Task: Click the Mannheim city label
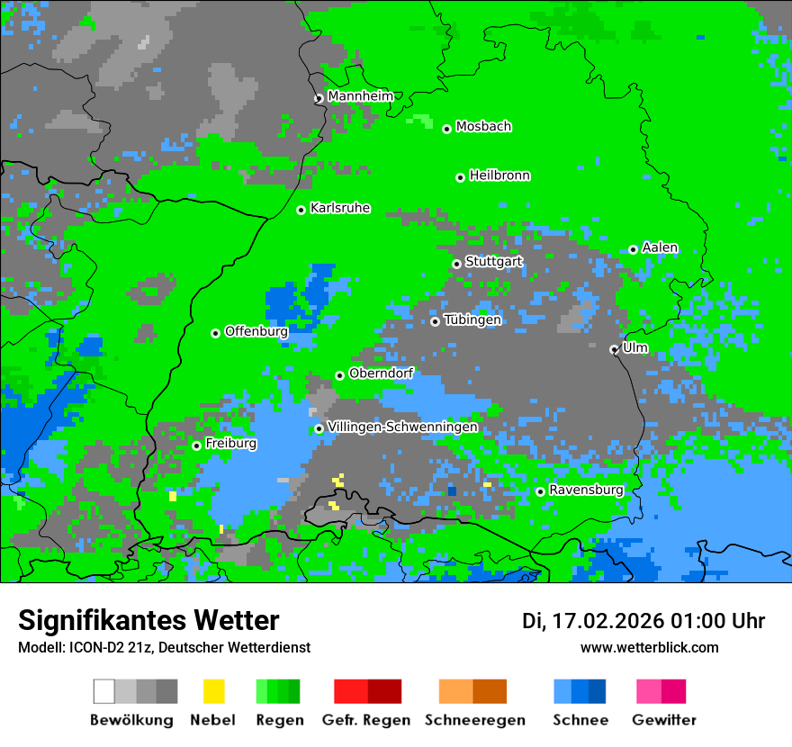[360, 96]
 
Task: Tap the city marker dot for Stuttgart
[457, 264]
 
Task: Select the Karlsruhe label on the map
[340, 208]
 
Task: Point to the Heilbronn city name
[499, 175]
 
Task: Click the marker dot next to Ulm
[615, 350]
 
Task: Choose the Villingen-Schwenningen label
[402, 427]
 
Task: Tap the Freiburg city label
[230, 444]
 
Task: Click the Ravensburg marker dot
[540, 491]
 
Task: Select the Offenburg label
[256, 331]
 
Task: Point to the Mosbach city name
[483, 127]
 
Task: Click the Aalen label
[661, 247]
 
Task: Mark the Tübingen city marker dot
[436, 321]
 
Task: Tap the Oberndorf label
[381, 373]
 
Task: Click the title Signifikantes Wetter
[148, 620]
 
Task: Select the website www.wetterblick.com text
[649, 647]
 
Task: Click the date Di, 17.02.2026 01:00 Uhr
[643, 621]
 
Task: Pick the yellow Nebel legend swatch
[213, 691]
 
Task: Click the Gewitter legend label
[664, 720]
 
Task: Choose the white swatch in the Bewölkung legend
[104, 691]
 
